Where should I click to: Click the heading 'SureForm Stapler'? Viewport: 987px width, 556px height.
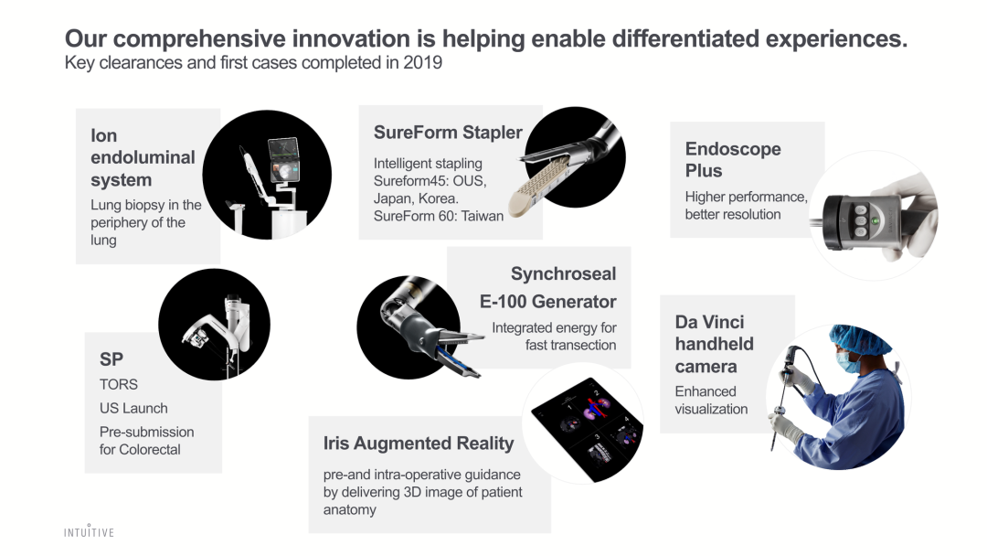click(x=448, y=133)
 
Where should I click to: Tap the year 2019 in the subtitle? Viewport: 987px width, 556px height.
click(x=422, y=63)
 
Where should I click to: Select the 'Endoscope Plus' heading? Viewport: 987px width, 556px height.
click(x=733, y=160)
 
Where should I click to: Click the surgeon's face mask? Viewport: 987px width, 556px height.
click(x=847, y=362)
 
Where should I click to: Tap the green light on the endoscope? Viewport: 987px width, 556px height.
click(x=875, y=221)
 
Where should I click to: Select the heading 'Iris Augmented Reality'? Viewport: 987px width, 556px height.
click(x=419, y=444)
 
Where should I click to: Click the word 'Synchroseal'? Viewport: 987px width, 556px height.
click(x=563, y=274)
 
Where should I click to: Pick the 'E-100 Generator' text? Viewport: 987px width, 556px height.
click(x=547, y=302)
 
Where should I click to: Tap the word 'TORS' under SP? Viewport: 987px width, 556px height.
click(x=118, y=384)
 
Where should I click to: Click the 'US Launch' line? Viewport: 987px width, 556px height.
click(x=133, y=408)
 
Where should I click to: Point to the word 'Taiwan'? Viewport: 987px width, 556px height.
click(x=483, y=216)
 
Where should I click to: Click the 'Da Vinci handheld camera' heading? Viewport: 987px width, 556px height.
click(x=714, y=344)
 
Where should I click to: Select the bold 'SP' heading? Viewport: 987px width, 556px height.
click(x=111, y=358)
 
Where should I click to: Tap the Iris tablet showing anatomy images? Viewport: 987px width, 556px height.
click(x=588, y=428)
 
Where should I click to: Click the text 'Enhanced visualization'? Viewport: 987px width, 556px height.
click(x=711, y=400)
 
